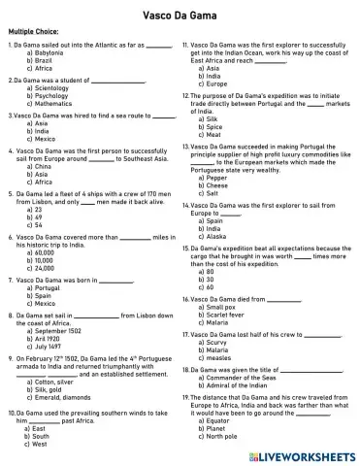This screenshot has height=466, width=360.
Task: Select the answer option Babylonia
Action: (49, 52)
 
